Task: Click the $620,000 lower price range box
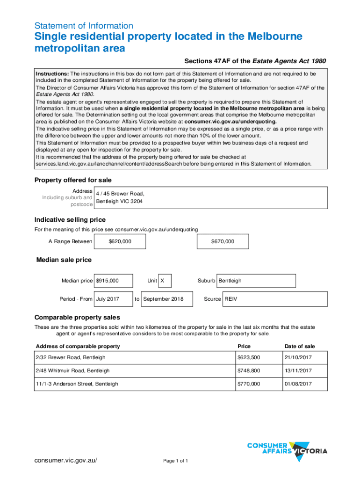(x=120, y=241)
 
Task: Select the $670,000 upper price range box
(x=223, y=241)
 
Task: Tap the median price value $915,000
(x=113, y=281)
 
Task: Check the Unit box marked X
(x=165, y=281)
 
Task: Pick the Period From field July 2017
(x=113, y=299)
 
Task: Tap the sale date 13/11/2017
(x=298, y=370)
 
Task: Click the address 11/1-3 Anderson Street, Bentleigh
(x=77, y=384)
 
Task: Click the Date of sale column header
(x=300, y=347)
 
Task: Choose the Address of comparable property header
(x=78, y=347)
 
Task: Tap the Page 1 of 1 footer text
(x=175, y=461)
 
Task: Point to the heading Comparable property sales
(x=77, y=317)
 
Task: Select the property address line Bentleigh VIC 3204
(x=119, y=202)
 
